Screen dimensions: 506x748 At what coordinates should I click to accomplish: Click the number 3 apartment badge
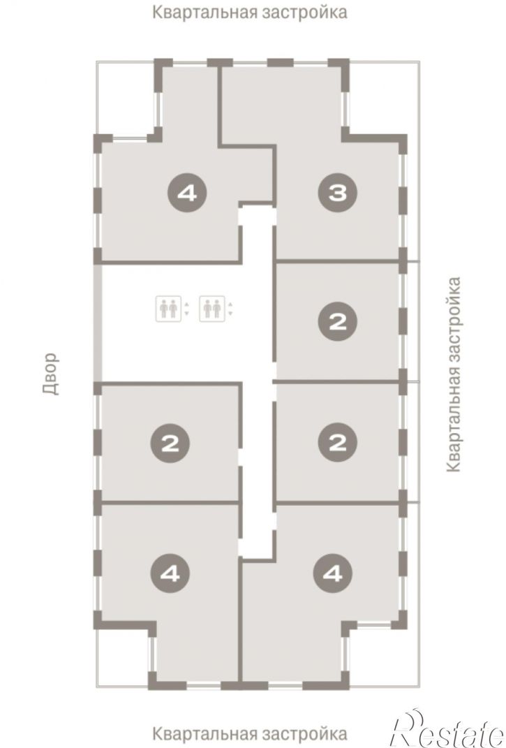point(338,193)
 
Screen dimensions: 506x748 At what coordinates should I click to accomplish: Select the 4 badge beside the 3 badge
point(187,193)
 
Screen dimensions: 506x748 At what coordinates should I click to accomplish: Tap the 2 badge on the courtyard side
point(170,443)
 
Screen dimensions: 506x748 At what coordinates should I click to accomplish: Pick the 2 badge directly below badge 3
point(338,322)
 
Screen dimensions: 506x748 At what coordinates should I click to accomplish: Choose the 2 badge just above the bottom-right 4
point(338,442)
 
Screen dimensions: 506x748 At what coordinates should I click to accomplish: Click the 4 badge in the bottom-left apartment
point(170,573)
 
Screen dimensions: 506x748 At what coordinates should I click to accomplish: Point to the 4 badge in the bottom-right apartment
point(333,573)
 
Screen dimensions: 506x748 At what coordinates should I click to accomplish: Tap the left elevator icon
point(168,309)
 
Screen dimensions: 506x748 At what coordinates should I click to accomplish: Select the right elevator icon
point(212,309)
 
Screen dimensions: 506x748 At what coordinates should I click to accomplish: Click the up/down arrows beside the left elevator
point(186,309)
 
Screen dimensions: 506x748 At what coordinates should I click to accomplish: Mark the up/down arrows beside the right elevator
point(230,309)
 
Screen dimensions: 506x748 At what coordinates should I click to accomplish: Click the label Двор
point(50,374)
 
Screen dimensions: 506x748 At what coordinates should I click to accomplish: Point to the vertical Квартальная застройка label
point(454,374)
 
